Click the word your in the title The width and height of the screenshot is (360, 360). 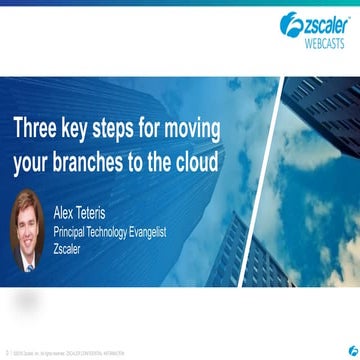tap(34, 163)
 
